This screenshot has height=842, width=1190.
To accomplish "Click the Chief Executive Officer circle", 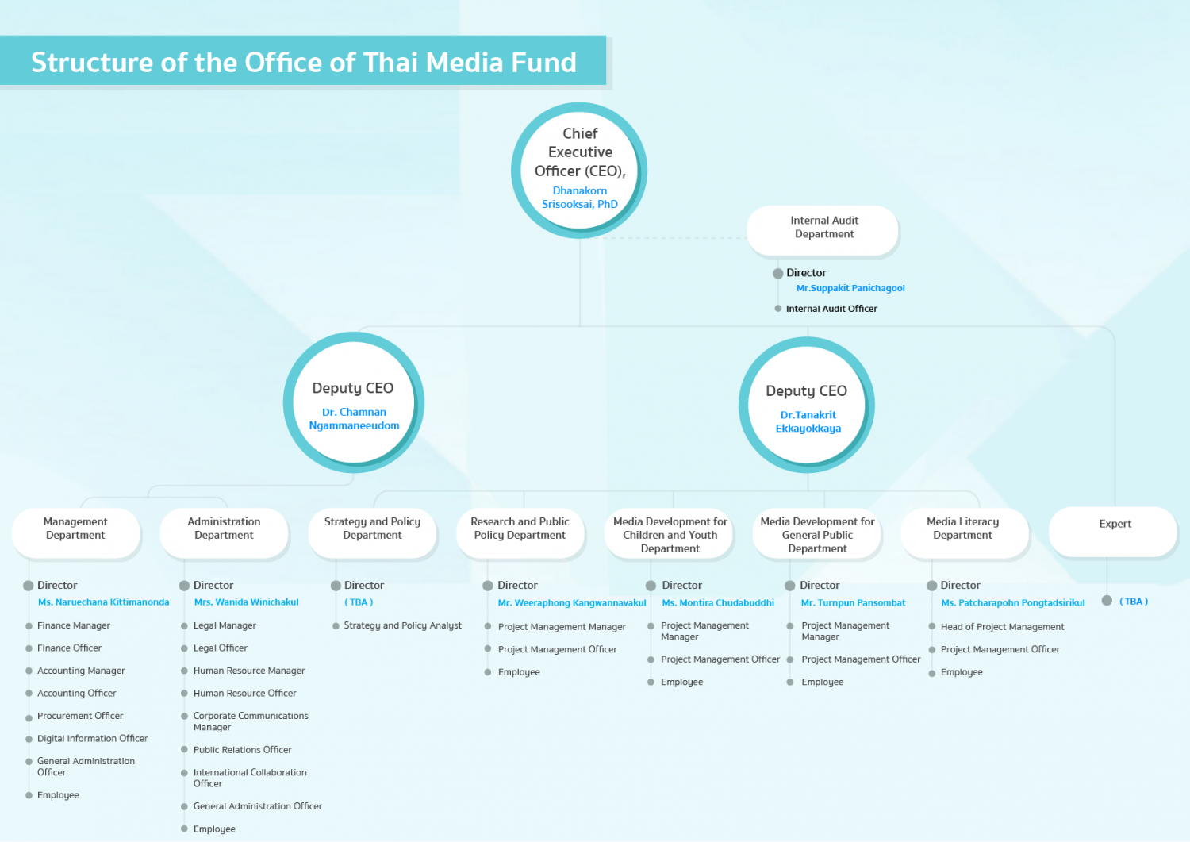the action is point(579,170).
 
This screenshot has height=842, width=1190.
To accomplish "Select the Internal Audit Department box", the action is point(823,230).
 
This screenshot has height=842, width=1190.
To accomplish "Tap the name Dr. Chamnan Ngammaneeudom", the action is point(354,419).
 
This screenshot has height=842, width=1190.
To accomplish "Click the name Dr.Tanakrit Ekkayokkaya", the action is point(808,421).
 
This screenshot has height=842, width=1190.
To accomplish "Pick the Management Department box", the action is point(76,532).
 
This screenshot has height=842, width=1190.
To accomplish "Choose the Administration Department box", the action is point(225,532).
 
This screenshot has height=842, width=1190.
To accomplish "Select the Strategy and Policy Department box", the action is point(372,532).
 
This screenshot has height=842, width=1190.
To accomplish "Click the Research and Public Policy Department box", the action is point(520,532).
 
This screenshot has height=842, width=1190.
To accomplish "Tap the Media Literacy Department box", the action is point(965,532).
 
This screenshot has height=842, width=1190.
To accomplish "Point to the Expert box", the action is point(1113,532).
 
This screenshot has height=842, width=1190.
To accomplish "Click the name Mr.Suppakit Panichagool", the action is point(850,288).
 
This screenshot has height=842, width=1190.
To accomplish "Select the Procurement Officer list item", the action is point(80,716).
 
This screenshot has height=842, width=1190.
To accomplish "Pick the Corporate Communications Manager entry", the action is point(251,721).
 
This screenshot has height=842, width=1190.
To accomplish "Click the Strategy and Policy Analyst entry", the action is point(403,625).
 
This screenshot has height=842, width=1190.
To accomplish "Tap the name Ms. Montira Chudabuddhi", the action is point(718,603).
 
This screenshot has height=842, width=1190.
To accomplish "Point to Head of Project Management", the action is point(1003,627).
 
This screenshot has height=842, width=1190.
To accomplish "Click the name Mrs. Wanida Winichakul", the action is point(246,602).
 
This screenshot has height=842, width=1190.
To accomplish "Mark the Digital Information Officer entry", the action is point(93,739).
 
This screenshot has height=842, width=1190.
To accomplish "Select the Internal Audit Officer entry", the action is point(831,309).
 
